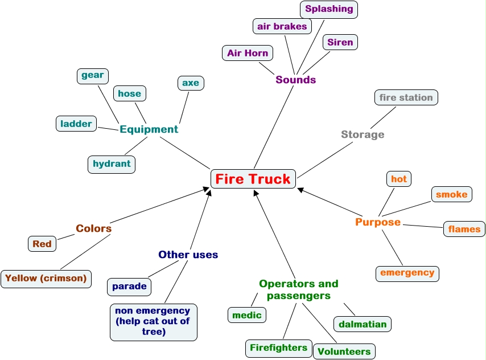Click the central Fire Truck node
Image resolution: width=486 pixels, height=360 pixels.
[x=253, y=179]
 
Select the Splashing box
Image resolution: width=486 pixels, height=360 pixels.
[x=329, y=9]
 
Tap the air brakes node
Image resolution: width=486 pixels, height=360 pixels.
[x=282, y=26]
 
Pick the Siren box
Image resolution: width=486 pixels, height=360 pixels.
[x=340, y=42]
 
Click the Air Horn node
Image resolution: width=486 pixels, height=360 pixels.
[x=248, y=53]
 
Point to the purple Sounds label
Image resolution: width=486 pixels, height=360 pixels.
[x=295, y=80]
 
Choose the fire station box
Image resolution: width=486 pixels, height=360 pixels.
[x=406, y=97]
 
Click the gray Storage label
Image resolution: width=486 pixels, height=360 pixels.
[x=363, y=134]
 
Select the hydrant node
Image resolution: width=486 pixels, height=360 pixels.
[x=112, y=164]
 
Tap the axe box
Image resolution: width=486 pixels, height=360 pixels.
[x=191, y=83]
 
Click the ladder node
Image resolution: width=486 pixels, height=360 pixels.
[x=76, y=124]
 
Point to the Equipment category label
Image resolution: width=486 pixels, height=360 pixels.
[x=149, y=129]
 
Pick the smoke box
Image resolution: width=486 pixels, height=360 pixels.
[x=451, y=194]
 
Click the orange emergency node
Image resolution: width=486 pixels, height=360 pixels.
[x=407, y=273]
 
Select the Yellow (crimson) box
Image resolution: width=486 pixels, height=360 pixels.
[x=46, y=279]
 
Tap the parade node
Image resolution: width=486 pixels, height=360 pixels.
[x=129, y=286]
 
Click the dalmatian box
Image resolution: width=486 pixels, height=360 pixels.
[x=363, y=324]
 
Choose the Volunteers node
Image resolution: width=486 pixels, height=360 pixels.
[x=344, y=351]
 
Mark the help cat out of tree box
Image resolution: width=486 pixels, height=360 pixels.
[x=153, y=322]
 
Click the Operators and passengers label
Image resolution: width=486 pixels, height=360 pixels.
[x=298, y=289]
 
